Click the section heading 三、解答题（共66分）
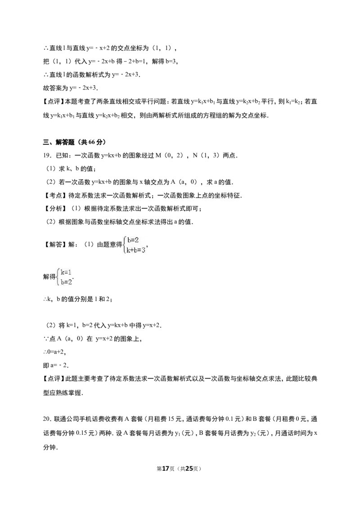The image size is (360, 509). click(x=74, y=142)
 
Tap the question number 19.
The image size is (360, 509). click(x=47, y=156)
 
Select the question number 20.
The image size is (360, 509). click(x=47, y=419)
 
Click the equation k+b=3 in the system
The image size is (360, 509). click(x=136, y=250)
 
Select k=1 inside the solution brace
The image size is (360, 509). click(x=66, y=272)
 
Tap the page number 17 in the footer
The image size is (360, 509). click(x=166, y=469)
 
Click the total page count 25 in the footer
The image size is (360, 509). click(x=189, y=469)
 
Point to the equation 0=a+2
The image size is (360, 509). click(x=54, y=352)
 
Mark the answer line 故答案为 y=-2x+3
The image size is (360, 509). click(x=70, y=88)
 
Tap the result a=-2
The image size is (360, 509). click(x=55, y=365)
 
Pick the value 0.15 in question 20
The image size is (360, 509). click(x=81, y=433)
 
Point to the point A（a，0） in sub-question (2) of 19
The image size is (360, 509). click(x=184, y=182)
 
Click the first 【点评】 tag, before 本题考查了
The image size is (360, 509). click(x=54, y=102)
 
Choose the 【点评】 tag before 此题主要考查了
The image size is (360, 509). click(x=54, y=379)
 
